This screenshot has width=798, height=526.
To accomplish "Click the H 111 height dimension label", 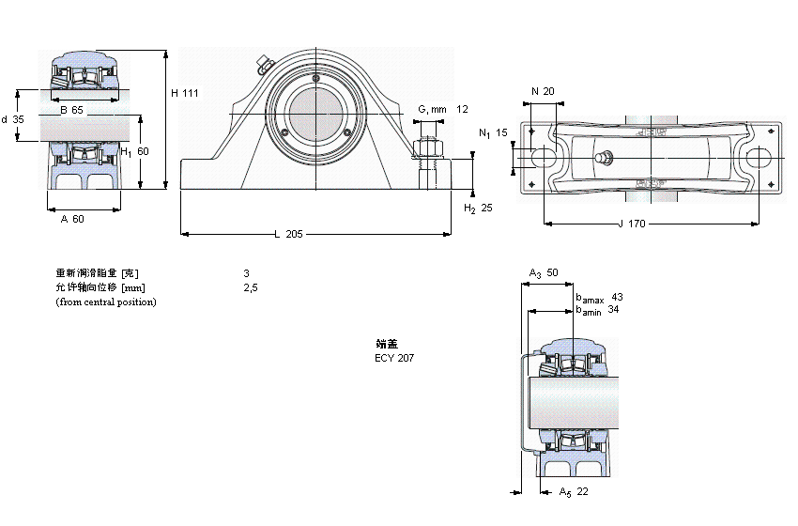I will pos(184,92).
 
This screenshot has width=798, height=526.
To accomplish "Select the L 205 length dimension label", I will pos(288,234).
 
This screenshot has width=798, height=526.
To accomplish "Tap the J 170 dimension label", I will pos(633,224).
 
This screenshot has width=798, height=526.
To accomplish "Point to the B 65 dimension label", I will pos(71,111).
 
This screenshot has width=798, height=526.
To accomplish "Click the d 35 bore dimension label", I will pos(12,119).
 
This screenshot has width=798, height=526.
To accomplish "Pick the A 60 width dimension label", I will pos(71,219).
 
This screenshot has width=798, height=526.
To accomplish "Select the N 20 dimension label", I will pos(543,91).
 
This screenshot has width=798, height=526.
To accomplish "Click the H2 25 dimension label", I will pos(478,208).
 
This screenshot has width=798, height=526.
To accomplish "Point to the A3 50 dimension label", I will pos(544,272).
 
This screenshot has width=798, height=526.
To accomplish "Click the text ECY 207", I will pos(393,358).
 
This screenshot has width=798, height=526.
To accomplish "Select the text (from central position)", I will pos(106,302).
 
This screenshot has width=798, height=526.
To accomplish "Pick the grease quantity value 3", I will pos(246,272).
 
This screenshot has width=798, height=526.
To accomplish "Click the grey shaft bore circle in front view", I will pos(316,116).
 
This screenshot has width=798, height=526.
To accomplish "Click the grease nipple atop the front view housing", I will pos(263,66).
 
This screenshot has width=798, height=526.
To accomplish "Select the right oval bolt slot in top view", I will pos(760,158).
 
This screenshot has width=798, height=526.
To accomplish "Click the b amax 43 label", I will pos(598,297).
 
